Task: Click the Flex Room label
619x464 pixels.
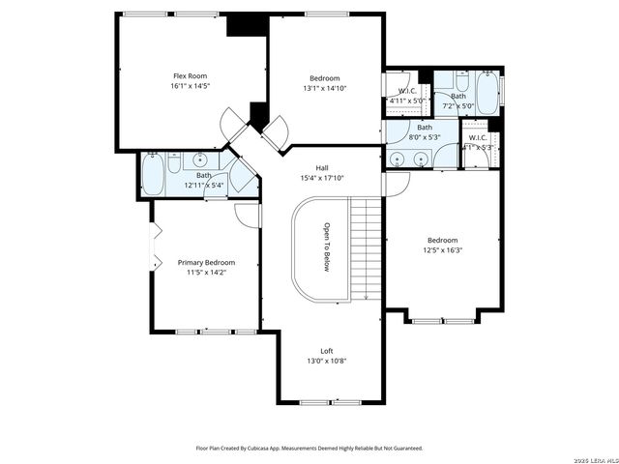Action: (x=190, y=75)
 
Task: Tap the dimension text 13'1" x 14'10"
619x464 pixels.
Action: (x=324, y=88)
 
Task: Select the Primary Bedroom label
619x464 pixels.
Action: (x=206, y=262)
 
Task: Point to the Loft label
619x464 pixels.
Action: (x=327, y=351)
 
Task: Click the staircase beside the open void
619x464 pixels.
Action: (x=364, y=247)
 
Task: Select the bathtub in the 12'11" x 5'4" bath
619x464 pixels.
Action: (x=154, y=174)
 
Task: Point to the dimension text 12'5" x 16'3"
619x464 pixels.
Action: (x=443, y=250)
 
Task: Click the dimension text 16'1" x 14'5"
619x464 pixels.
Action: (x=190, y=86)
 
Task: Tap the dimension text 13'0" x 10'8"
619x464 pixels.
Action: (x=327, y=362)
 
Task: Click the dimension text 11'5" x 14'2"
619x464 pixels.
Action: (x=206, y=273)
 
